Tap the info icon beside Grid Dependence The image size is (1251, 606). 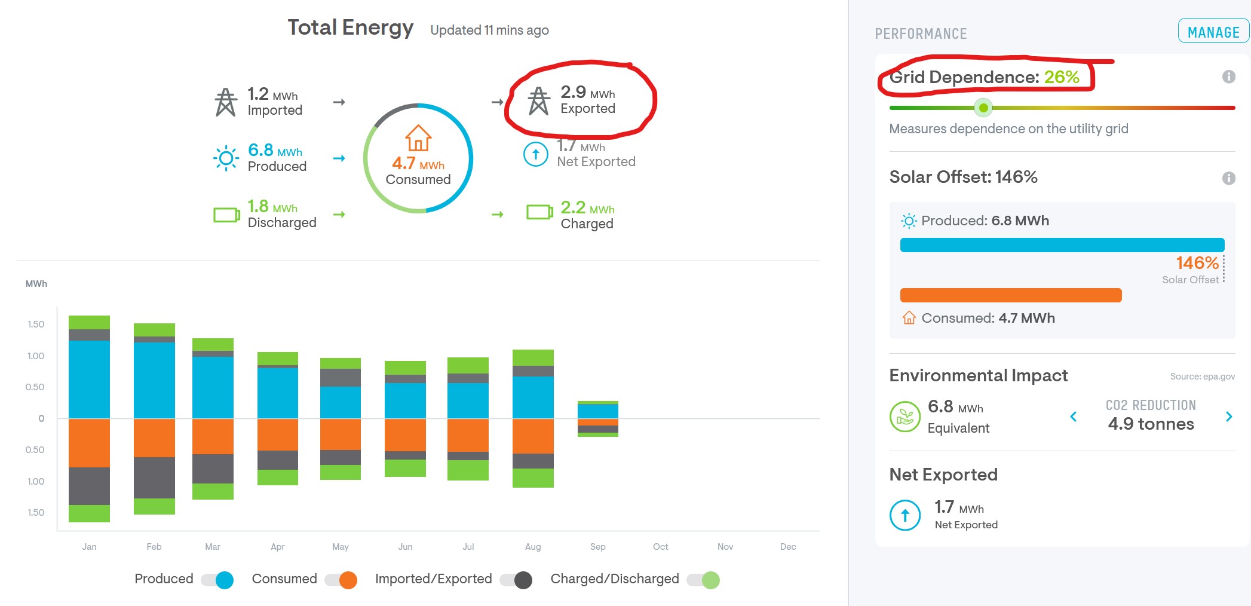[1228, 76]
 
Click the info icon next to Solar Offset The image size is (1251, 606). [1228, 178]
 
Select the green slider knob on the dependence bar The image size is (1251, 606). [983, 108]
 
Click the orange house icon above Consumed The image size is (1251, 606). [418, 138]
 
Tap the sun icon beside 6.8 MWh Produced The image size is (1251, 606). [226, 158]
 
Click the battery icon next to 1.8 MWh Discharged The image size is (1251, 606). [226, 215]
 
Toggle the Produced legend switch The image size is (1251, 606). [217, 580]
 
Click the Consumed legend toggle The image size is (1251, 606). [341, 580]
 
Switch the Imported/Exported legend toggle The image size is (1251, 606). [516, 580]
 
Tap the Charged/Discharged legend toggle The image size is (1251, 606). [703, 580]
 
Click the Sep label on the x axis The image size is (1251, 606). [597, 547]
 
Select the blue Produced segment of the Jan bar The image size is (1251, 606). [89, 379]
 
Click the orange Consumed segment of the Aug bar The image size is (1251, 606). [533, 436]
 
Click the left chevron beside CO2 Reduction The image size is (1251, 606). [1073, 417]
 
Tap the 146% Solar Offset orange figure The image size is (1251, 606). [1197, 263]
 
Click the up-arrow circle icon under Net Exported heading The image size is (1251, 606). [904, 515]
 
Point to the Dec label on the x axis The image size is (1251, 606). [787, 547]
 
